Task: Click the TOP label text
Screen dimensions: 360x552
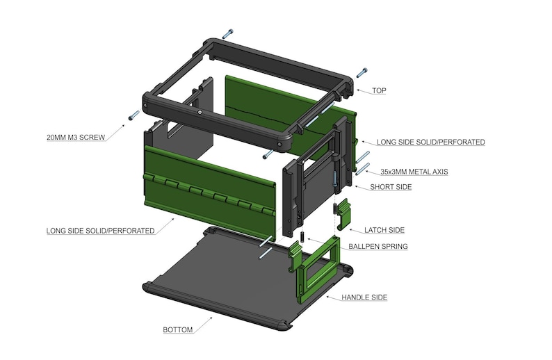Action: [x=379, y=91]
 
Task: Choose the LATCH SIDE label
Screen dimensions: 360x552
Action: [x=385, y=230]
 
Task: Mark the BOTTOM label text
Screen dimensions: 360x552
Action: [x=177, y=329]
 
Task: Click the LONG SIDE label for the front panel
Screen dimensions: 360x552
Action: [x=100, y=230]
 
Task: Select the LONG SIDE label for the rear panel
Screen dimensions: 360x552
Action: [x=430, y=142]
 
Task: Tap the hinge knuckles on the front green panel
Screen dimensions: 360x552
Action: [x=209, y=194]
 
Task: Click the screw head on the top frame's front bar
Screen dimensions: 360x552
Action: [x=200, y=112]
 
